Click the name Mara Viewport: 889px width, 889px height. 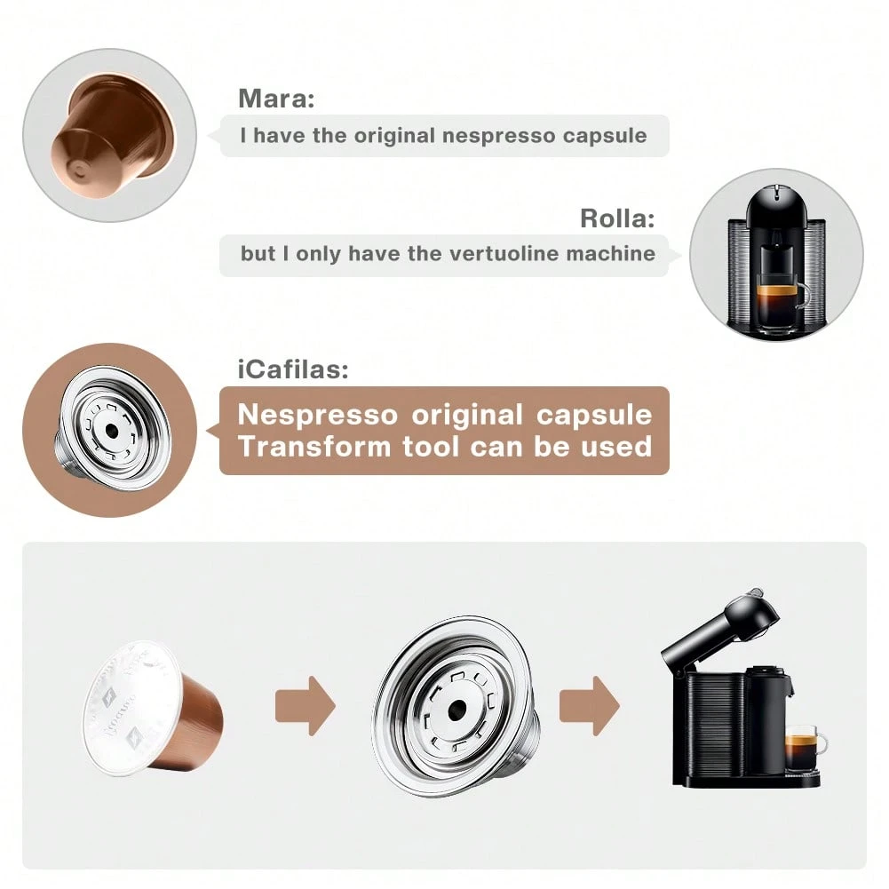(x=276, y=99)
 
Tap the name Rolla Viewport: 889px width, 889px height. (x=617, y=218)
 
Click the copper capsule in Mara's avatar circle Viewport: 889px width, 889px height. (x=109, y=133)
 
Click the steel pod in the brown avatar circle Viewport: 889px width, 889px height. (x=111, y=432)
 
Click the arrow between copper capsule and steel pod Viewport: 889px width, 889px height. (x=306, y=705)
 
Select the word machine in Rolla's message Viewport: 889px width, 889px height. (x=612, y=253)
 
